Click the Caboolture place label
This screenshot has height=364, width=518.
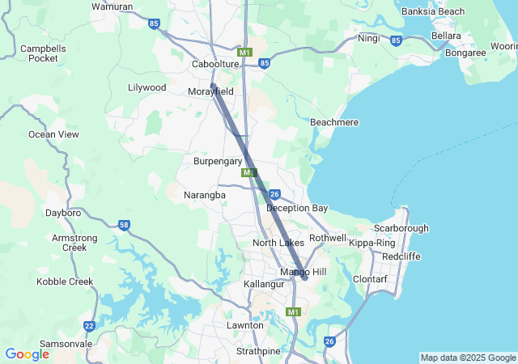click(x=215, y=64)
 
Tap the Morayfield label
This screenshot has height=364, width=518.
click(x=210, y=91)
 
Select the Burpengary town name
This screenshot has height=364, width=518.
click(x=218, y=161)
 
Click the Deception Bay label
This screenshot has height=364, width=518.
click(x=297, y=208)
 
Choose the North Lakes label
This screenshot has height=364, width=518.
click(x=278, y=243)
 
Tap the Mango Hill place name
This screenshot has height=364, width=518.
click(x=303, y=272)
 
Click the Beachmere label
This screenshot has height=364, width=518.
click(x=334, y=121)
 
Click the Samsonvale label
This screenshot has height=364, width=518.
click(x=66, y=344)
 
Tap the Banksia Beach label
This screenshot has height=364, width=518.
click(x=433, y=11)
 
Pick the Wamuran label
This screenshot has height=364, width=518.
click(x=113, y=6)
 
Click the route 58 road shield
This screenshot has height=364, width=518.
click(x=124, y=225)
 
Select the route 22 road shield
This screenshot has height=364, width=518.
click(x=89, y=326)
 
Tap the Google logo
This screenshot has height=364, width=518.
click(x=27, y=354)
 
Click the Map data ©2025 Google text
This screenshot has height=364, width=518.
click(x=468, y=358)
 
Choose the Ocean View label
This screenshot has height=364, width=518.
click(x=54, y=134)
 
